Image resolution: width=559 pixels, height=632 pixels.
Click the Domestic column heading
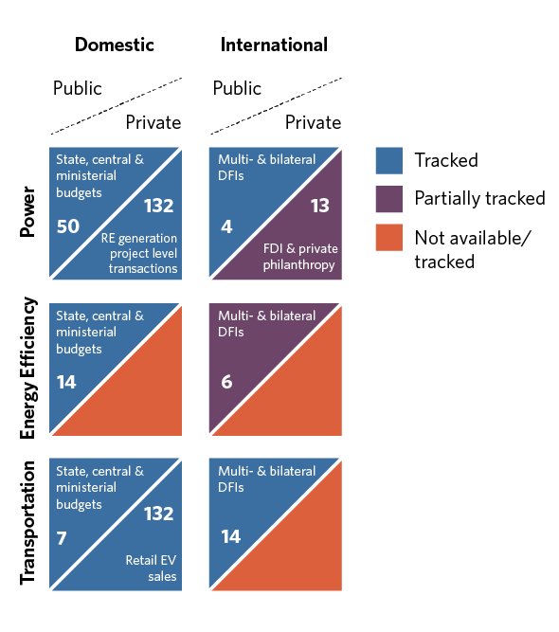click(x=115, y=45)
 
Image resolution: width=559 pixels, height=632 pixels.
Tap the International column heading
click(x=274, y=45)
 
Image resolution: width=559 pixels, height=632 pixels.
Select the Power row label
click(x=28, y=211)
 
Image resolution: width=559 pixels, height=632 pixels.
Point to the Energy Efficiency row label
click(x=28, y=368)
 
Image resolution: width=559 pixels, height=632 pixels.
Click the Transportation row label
click(x=28, y=523)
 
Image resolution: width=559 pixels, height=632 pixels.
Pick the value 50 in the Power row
click(x=68, y=226)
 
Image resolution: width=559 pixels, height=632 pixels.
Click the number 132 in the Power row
click(x=159, y=206)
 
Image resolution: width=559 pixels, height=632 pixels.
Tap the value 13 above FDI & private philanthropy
click(x=320, y=206)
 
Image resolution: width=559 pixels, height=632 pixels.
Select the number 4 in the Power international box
click(x=226, y=226)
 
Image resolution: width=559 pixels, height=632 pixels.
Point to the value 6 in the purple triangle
click(x=226, y=382)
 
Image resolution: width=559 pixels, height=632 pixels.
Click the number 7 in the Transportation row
click(x=62, y=538)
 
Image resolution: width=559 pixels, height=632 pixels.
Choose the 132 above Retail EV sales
click(x=159, y=514)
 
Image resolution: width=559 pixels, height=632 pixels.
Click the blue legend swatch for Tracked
click(x=388, y=161)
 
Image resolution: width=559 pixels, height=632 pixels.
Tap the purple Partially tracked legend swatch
click(x=388, y=199)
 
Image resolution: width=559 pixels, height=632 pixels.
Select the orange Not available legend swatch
click(x=388, y=238)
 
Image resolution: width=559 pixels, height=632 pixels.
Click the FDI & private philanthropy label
click(x=300, y=257)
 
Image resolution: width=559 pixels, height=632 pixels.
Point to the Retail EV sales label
click(x=151, y=569)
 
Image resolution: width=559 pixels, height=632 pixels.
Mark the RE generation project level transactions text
click(x=139, y=253)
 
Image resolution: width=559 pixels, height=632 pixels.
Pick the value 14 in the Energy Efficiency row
click(x=66, y=382)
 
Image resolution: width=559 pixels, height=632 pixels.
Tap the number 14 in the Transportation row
click(x=230, y=537)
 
